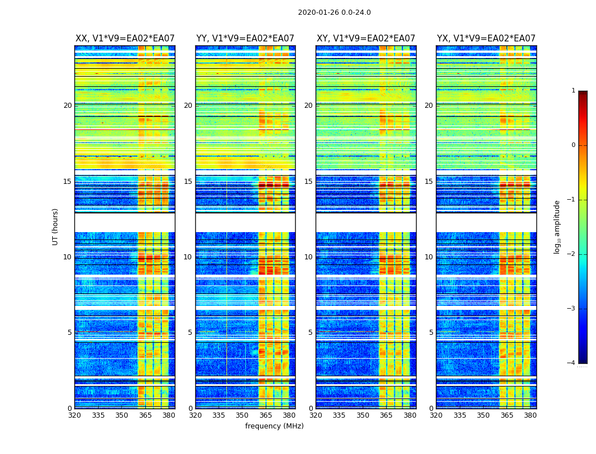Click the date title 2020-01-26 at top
coord(334,12)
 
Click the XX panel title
coord(125,39)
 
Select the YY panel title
coord(245,39)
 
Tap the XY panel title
coord(366,39)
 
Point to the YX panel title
coord(486,39)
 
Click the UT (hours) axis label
coord(56,226)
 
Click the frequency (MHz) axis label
coord(274,426)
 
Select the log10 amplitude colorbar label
coord(557,226)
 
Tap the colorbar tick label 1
coord(573,91)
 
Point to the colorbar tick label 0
coord(573,145)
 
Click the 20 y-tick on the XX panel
coord(68,106)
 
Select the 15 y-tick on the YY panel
coord(188,182)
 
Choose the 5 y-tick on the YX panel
coord(431,333)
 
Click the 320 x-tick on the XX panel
coord(74,415)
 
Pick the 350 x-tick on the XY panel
coord(363,415)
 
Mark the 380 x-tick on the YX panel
coord(530,415)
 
